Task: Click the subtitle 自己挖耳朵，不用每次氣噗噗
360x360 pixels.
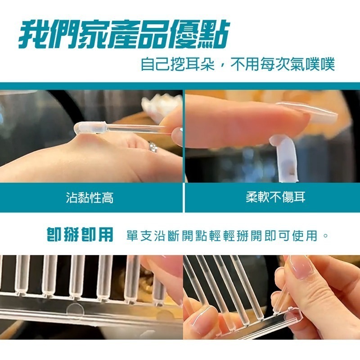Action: [238, 64]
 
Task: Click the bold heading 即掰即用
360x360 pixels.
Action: [80, 235]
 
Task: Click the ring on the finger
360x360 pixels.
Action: [153, 147]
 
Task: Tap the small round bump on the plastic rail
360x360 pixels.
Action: [75, 307]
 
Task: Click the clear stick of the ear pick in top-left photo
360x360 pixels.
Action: [139, 129]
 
